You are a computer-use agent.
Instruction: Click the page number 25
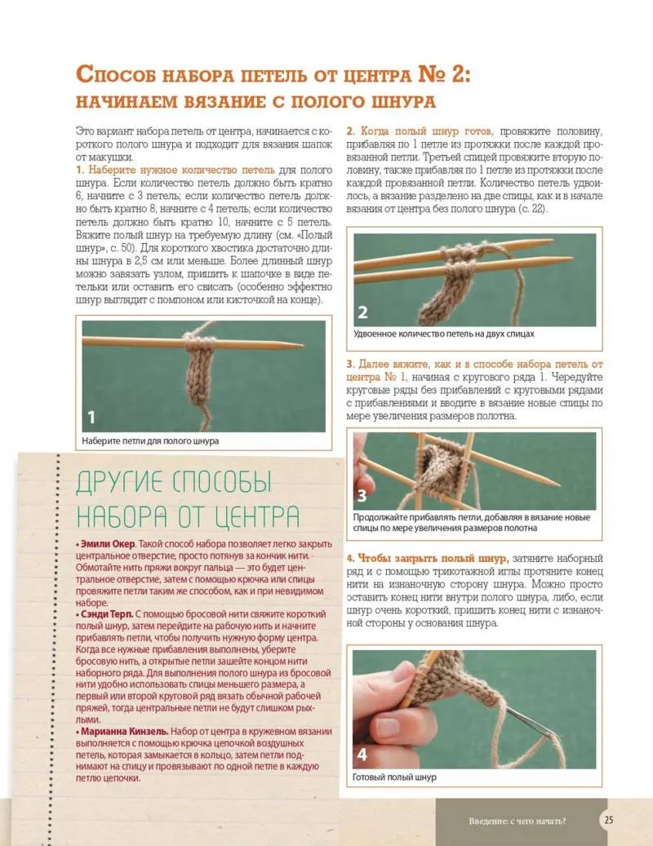(x=610, y=820)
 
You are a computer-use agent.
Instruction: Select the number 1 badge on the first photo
(x=91, y=418)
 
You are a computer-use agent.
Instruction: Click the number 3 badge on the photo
(x=362, y=496)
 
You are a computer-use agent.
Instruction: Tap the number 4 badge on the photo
(x=362, y=753)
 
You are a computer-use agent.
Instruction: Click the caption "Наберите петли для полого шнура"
(x=150, y=441)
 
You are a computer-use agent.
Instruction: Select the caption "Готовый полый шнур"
(x=394, y=777)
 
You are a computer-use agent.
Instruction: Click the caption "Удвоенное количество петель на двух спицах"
(x=444, y=334)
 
